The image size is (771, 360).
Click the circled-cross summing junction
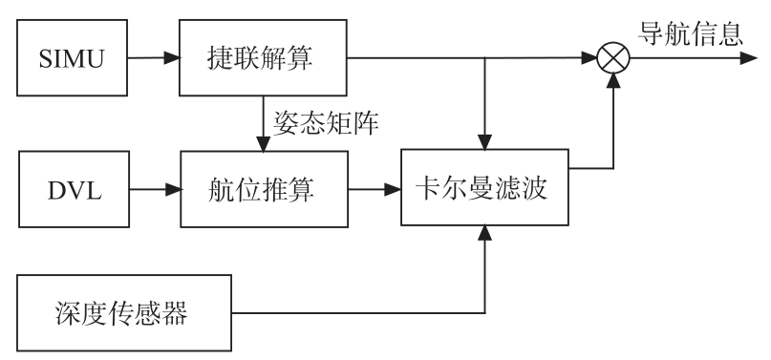click(x=612, y=59)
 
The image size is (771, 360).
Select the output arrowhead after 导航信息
click(x=743, y=59)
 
